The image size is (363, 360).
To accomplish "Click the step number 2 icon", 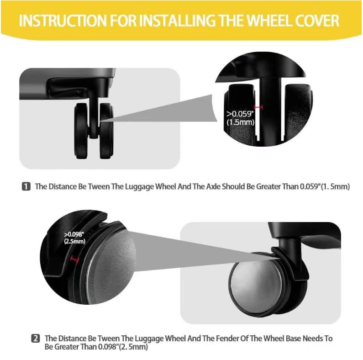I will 35,339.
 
